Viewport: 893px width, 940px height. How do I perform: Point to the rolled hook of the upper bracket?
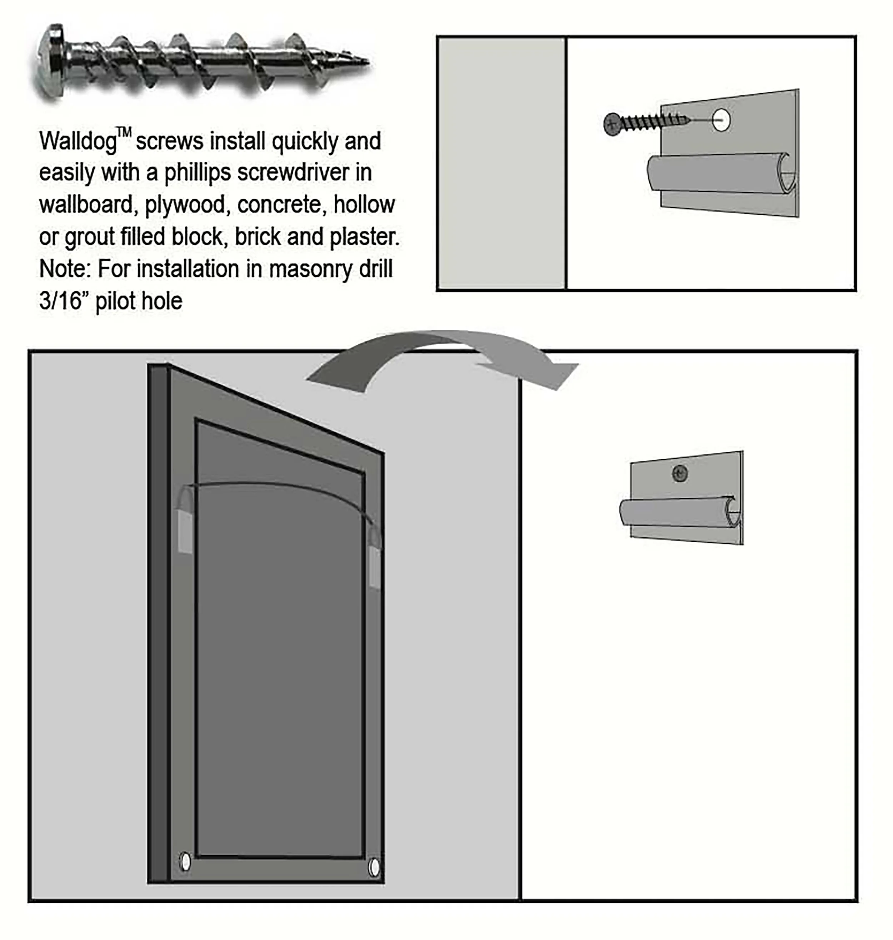[722, 173]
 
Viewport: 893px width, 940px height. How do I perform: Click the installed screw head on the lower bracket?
[680, 473]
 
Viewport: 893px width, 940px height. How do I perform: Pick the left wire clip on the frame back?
[185, 531]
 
